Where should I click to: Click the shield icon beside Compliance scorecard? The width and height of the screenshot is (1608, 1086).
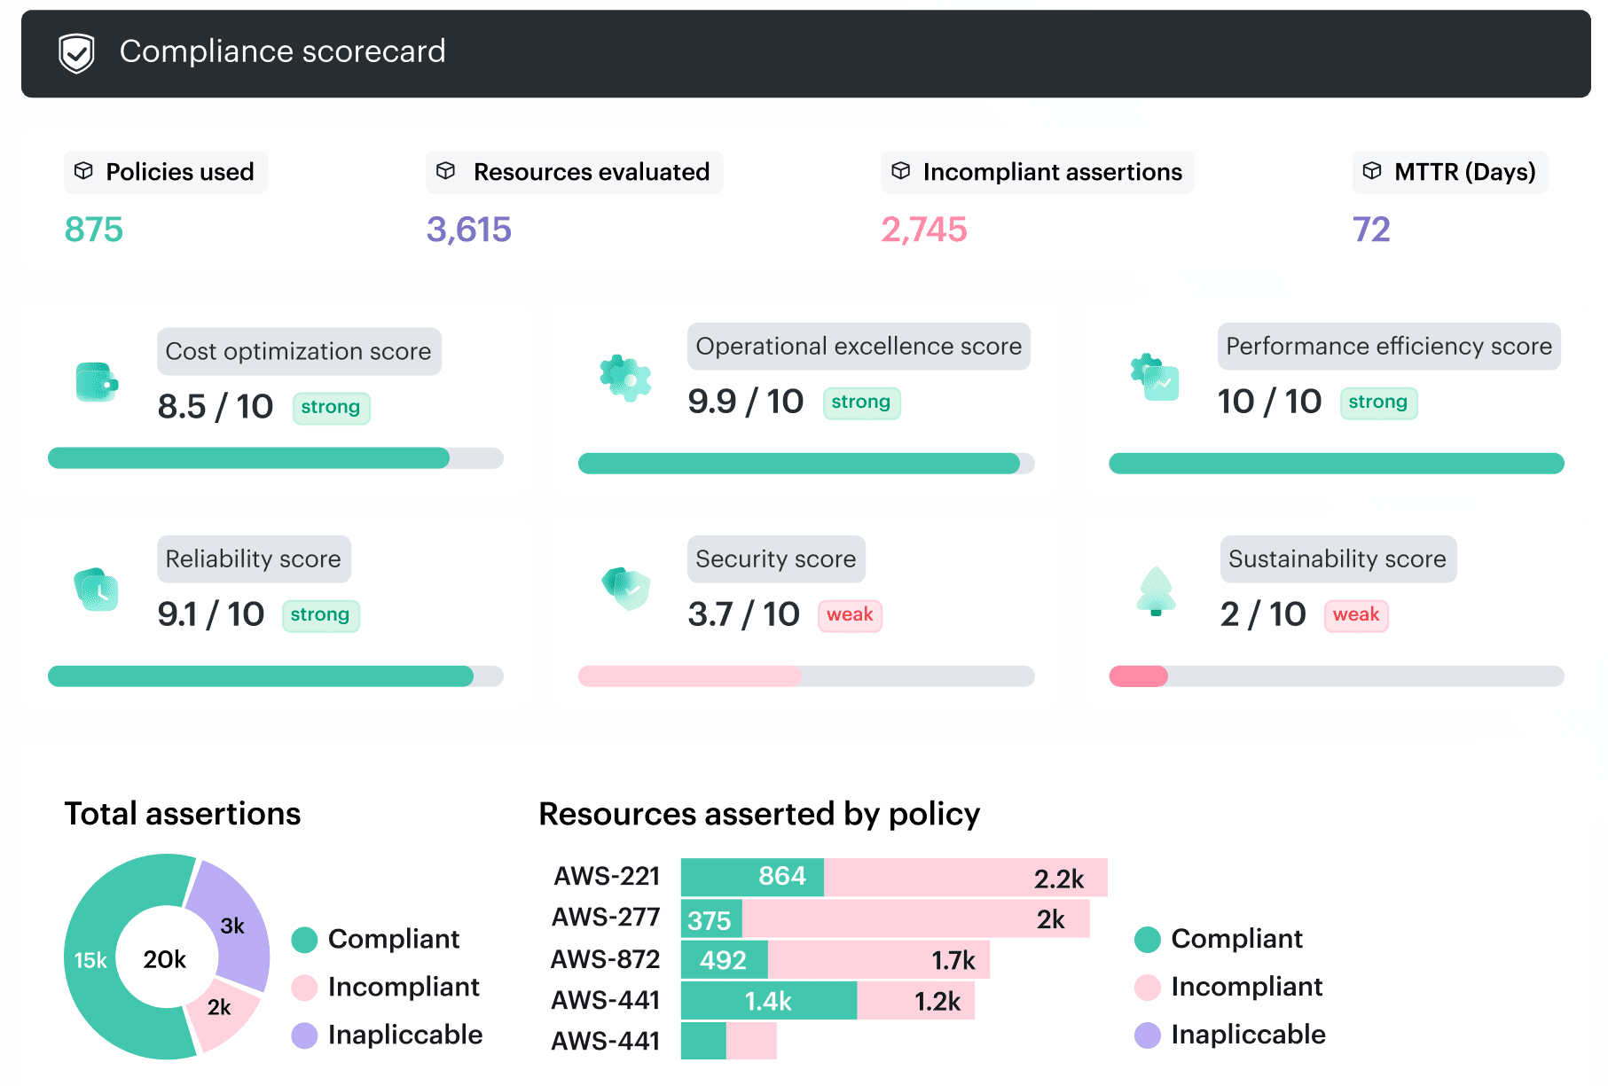tap(76, 53)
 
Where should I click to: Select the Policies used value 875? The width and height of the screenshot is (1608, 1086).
tap(94, 230)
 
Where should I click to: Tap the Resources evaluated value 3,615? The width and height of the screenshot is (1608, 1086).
tap(468, 230)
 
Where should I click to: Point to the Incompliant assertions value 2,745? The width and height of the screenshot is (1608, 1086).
tap(923, 230)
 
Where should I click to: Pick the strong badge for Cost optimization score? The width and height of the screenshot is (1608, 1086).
tap(331, 408)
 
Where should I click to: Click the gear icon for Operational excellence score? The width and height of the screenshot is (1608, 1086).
tap(625, 379)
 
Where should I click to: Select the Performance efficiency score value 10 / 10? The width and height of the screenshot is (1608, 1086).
tap(1269, 402)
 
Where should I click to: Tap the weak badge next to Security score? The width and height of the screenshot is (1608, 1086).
tap(850, 615)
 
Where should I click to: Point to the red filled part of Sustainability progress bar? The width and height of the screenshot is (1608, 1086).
tap(1138, 676)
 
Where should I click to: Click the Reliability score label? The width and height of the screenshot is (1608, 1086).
tap(254, 559)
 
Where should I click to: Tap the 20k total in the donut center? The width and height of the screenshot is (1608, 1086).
tap(165, 959)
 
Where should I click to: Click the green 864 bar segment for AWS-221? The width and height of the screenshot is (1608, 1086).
tap(752, 877)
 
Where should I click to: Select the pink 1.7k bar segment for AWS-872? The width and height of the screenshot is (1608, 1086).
tap(878, 960)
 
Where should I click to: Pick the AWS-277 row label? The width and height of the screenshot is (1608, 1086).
tap(606, 918)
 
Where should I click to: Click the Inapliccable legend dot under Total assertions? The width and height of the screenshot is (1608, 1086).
tap(304, 1035)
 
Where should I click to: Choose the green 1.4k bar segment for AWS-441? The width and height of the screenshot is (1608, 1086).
tap(768, 1001)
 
